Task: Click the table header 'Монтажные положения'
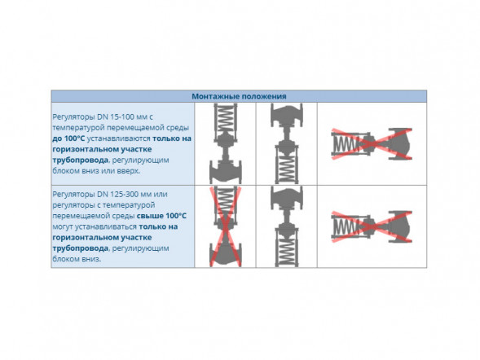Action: (239, 96)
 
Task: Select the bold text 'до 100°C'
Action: (68, 138)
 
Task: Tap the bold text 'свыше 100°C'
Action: (161, 216)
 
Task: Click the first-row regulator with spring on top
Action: (226, 143)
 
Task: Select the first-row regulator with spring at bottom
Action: (287, 143)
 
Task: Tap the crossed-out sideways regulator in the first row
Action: (372, 143)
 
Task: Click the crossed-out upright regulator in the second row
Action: (226, 226)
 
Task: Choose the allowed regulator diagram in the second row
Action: (287, 226)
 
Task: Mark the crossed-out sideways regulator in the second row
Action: (372, 226)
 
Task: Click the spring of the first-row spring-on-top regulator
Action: (226, 119)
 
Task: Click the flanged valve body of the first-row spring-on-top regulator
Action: (226, 171)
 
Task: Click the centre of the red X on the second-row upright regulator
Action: (226, 226)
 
